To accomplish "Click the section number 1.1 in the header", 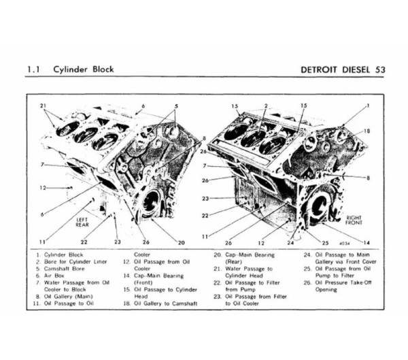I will pos(33,69).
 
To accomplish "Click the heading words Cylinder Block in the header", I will pos(84,69).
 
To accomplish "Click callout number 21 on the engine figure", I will pos(44,106).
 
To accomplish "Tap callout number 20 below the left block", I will pos(182,242).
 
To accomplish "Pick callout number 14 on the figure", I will pos(368,242).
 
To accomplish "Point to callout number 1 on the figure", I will pos(367,106).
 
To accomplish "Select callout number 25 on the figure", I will pos(324,242).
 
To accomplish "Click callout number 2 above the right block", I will pos(265,106).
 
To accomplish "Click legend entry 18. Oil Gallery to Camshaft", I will pos(162,303).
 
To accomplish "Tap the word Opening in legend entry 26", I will pos(326,289).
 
